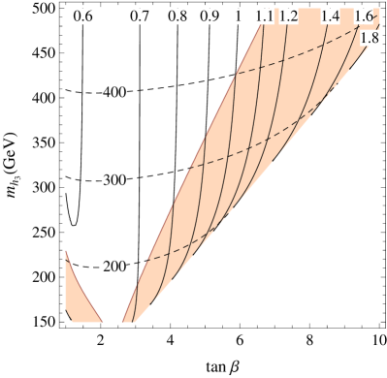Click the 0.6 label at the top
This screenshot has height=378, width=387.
coord(82,17)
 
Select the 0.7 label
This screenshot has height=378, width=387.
coord(141,17)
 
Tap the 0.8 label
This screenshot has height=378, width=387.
coord(177,17)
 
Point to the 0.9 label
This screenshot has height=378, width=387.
coord(210,17)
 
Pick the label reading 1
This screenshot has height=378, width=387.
coord(238,17)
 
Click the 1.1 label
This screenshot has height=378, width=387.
coord(264,17)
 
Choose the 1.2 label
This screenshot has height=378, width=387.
coord(288,17)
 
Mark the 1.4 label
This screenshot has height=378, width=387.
coord(330,17)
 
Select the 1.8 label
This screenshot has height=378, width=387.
coord(370,38)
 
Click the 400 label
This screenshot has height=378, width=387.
coord(115,92)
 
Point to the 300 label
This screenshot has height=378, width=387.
coord(115,181)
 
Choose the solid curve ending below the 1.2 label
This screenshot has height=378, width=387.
coord(281,97)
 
